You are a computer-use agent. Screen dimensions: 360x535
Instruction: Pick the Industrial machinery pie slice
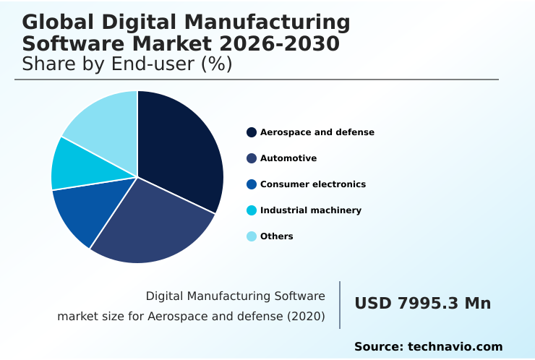[80, 165]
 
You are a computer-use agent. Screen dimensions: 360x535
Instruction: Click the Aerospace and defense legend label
[317, 132]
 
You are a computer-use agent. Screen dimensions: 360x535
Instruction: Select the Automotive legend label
[288, 158]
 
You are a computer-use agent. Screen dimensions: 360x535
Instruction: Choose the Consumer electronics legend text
[312, 184]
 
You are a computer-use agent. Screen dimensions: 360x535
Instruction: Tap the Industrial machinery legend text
[310, 210]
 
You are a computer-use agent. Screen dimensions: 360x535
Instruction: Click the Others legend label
[276, 236]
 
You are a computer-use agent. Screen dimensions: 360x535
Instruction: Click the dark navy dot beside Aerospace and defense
[252, 132]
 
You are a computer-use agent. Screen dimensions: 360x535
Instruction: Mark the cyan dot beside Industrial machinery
[252, 210]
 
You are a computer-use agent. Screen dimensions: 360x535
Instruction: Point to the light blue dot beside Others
[252, 236]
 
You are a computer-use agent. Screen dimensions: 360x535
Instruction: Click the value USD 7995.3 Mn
[422, 304]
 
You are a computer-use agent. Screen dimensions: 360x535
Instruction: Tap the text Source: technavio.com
[428, 347]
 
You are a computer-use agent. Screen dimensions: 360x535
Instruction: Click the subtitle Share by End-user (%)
[127, 64]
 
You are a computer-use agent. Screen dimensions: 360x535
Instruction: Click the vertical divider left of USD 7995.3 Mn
[340, 305]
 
